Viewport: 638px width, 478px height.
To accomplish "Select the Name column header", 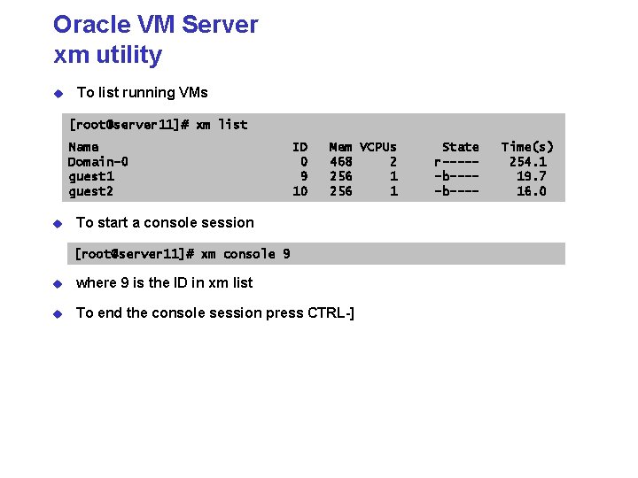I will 83,147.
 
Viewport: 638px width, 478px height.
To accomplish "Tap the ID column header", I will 300,147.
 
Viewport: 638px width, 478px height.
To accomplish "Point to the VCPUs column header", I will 378,147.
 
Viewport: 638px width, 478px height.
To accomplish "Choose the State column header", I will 460,147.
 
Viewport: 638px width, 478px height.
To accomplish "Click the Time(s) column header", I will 527,147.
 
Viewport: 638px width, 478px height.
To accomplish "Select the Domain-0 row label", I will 97,162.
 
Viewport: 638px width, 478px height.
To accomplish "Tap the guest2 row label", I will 90,191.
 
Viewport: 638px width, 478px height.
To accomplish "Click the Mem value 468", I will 341,162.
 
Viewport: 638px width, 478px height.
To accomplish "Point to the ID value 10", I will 300,191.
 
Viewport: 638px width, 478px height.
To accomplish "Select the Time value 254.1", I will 528,162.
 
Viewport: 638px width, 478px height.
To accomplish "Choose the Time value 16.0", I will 532,191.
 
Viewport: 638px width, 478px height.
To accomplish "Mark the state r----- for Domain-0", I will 456,162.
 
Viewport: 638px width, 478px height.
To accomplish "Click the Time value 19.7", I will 532,176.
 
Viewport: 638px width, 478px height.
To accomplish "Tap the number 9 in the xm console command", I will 286,254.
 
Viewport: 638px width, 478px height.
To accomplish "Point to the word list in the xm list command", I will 233,125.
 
